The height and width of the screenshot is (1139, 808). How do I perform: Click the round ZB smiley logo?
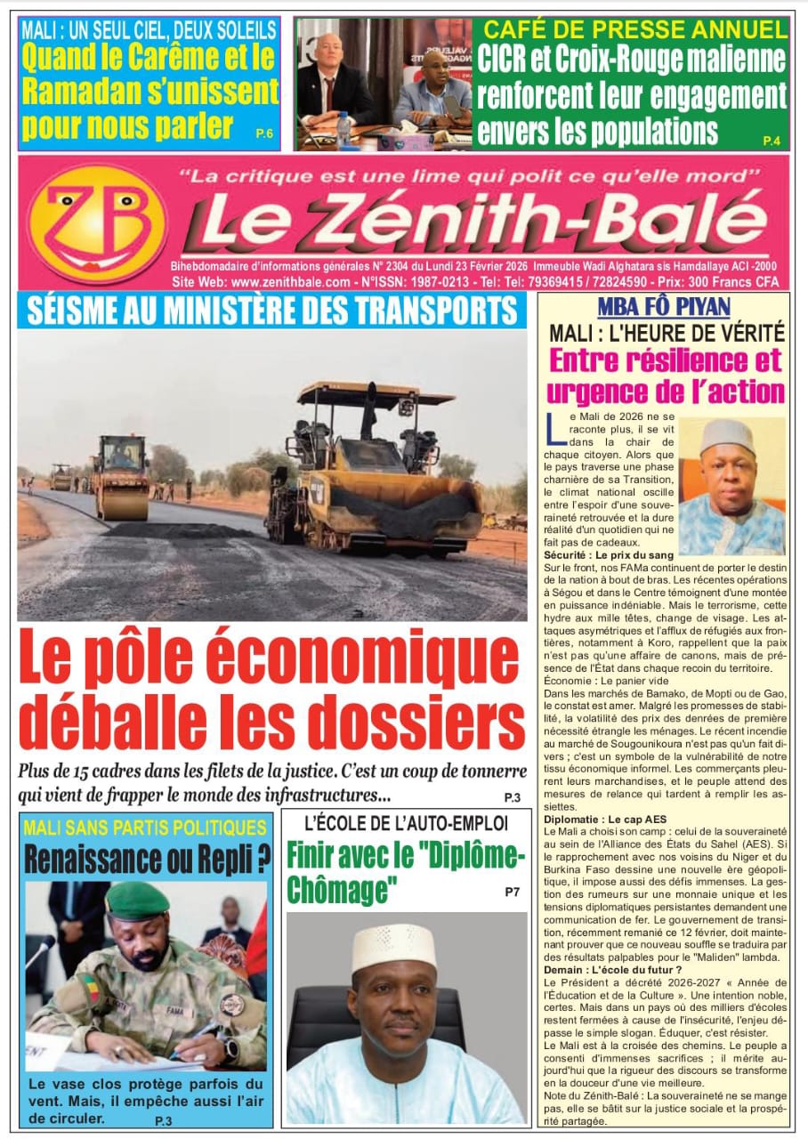pos(96,224)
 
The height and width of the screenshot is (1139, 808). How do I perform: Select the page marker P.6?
pos(264,133)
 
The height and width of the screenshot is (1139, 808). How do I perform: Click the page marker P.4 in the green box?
pos(771,141)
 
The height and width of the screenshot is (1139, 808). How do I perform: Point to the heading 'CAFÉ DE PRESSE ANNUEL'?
pos(634,29)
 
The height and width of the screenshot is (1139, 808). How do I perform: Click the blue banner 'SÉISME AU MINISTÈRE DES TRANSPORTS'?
pos(271,311)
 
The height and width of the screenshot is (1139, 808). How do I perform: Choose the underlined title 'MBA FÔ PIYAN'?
pos(664,308)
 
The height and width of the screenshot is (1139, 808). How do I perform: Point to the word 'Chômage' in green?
pos(341,887)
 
